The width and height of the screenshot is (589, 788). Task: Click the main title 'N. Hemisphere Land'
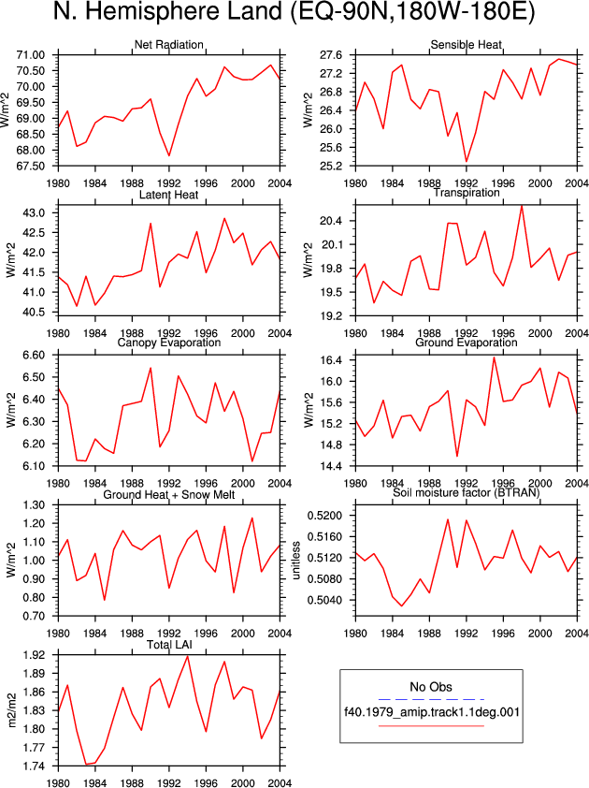(167, 12)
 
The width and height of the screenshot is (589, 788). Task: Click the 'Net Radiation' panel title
(168, 45)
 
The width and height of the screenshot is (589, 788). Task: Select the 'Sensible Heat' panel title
(466, 45)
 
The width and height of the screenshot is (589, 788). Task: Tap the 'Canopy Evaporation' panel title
(168, 343)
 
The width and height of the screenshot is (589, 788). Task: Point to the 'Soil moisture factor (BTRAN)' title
(466, 492)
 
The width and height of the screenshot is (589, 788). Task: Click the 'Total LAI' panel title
(169, 645)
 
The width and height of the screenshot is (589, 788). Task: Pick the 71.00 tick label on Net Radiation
(31, 55)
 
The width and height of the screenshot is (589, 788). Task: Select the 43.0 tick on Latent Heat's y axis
(35, 213)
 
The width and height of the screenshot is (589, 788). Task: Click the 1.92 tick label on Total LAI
(35, 655)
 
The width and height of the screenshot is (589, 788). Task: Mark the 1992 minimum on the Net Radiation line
(169, 155)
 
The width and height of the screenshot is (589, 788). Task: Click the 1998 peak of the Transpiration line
(522, 206)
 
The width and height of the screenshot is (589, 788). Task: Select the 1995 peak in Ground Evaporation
(494, 358)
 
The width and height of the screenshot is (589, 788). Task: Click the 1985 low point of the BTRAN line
(402, 606)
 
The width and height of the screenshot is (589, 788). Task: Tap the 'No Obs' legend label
(431, 687)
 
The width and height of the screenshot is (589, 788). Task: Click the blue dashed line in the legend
(431, 699)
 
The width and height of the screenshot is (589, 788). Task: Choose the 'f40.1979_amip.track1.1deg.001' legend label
(431, 712)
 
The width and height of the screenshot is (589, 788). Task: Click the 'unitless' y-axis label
(296, 560)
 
